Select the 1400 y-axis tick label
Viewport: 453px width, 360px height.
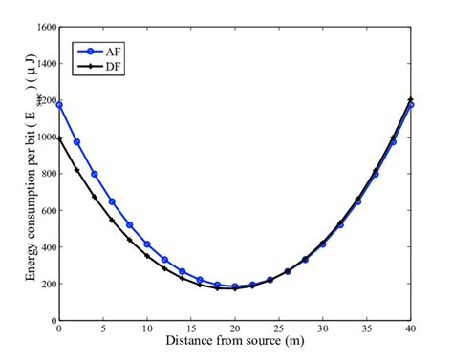click(x=43, y=64)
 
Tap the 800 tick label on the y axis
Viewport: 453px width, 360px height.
click(x=46, y=175)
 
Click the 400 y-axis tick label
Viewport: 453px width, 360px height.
click(x=46, y=248)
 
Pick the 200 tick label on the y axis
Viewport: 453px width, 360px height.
click(x=46, y=285)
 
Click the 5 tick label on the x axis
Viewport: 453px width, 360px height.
click(x=103, y=329)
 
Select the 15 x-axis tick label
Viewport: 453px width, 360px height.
click(x=191, y=329)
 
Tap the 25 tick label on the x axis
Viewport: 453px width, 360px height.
click(x=279, y=329)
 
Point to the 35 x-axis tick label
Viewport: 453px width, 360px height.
click(x=367, y=329)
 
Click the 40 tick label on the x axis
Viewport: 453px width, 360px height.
click(x=411, y=329)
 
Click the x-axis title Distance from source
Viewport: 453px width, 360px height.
click(x=234, y=341)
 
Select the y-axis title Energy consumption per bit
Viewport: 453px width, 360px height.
click(x=20, y=177)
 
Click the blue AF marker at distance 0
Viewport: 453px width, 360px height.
click(x=59, y=104)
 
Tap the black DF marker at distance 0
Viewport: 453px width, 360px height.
click(x=59, y=139)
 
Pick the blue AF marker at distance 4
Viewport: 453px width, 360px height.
click(x=95, y=174)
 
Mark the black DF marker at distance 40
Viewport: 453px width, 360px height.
click(x=411, y=99)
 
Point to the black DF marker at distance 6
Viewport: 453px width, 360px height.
click(x=112, y=221)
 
